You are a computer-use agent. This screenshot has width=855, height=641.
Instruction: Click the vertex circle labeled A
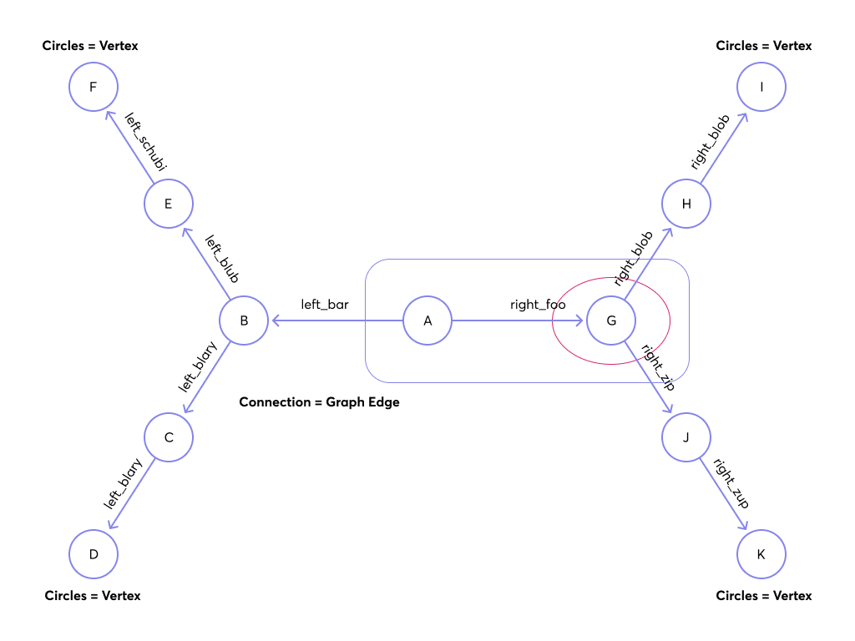[x=427, y=320]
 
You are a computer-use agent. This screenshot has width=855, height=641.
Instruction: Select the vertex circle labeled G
[x=611, y=320]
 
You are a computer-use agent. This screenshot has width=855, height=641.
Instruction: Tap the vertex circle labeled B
[x=244, y=320]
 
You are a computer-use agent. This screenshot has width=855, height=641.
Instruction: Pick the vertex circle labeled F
[x=94, y=87]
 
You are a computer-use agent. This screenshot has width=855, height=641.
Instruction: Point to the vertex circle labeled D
[x=94, y=554]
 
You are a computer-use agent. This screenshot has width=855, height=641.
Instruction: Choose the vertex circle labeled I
[x=761, y=87]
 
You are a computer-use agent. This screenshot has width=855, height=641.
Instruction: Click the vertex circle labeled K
[x=761, y=554]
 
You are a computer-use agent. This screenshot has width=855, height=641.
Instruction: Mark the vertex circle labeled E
[x=169, y=204]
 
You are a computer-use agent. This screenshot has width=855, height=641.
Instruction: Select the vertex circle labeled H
[x=686, y=204]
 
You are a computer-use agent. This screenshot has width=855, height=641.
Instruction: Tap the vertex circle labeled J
[x=686, y=437]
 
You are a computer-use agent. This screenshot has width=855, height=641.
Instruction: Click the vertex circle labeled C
[x=169, y=437]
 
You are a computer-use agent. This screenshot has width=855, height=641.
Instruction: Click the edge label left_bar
[x=325, y=305]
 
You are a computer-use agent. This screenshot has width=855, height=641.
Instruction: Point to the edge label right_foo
[x=538, y=305]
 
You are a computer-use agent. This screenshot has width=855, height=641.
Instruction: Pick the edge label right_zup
[x=731, y=483]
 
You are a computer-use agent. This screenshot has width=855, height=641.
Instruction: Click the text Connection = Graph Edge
[x=319, y=402]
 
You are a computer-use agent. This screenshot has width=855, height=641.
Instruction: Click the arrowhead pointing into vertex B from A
[x=273, y=320]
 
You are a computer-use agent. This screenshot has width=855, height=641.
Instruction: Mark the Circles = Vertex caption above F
[x=90, y=46]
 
